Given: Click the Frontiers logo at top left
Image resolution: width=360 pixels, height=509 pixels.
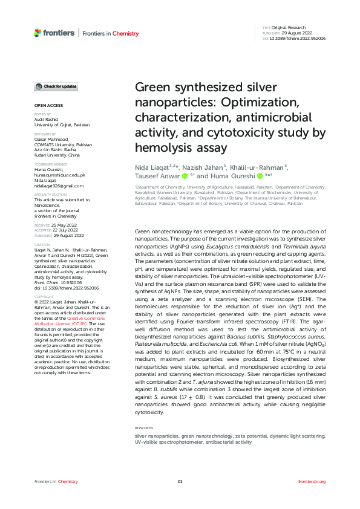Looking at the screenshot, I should tap(54, 33).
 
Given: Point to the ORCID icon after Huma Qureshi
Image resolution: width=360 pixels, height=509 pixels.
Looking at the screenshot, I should tap(260, 177).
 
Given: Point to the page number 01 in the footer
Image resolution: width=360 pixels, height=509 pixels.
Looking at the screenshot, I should tap(180, 481).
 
